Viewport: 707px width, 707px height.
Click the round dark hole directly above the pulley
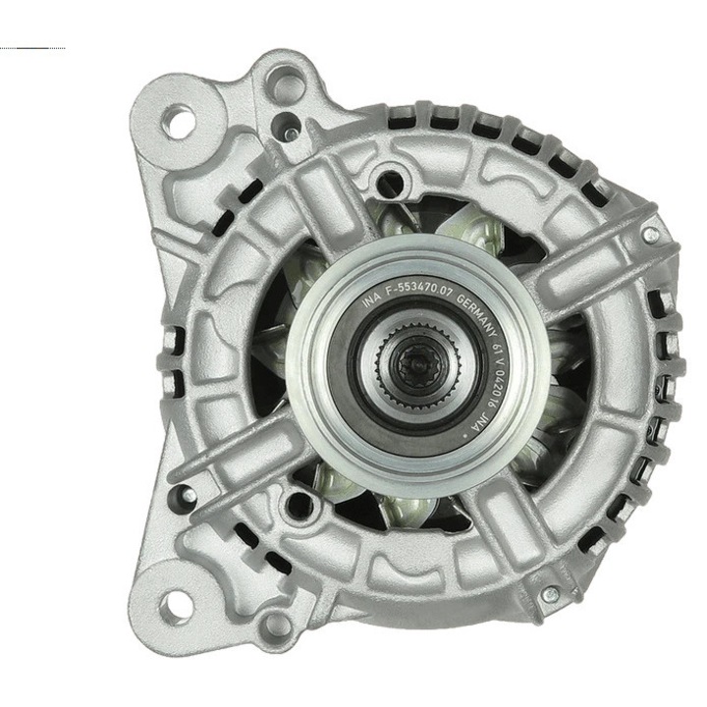pos(390,181)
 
